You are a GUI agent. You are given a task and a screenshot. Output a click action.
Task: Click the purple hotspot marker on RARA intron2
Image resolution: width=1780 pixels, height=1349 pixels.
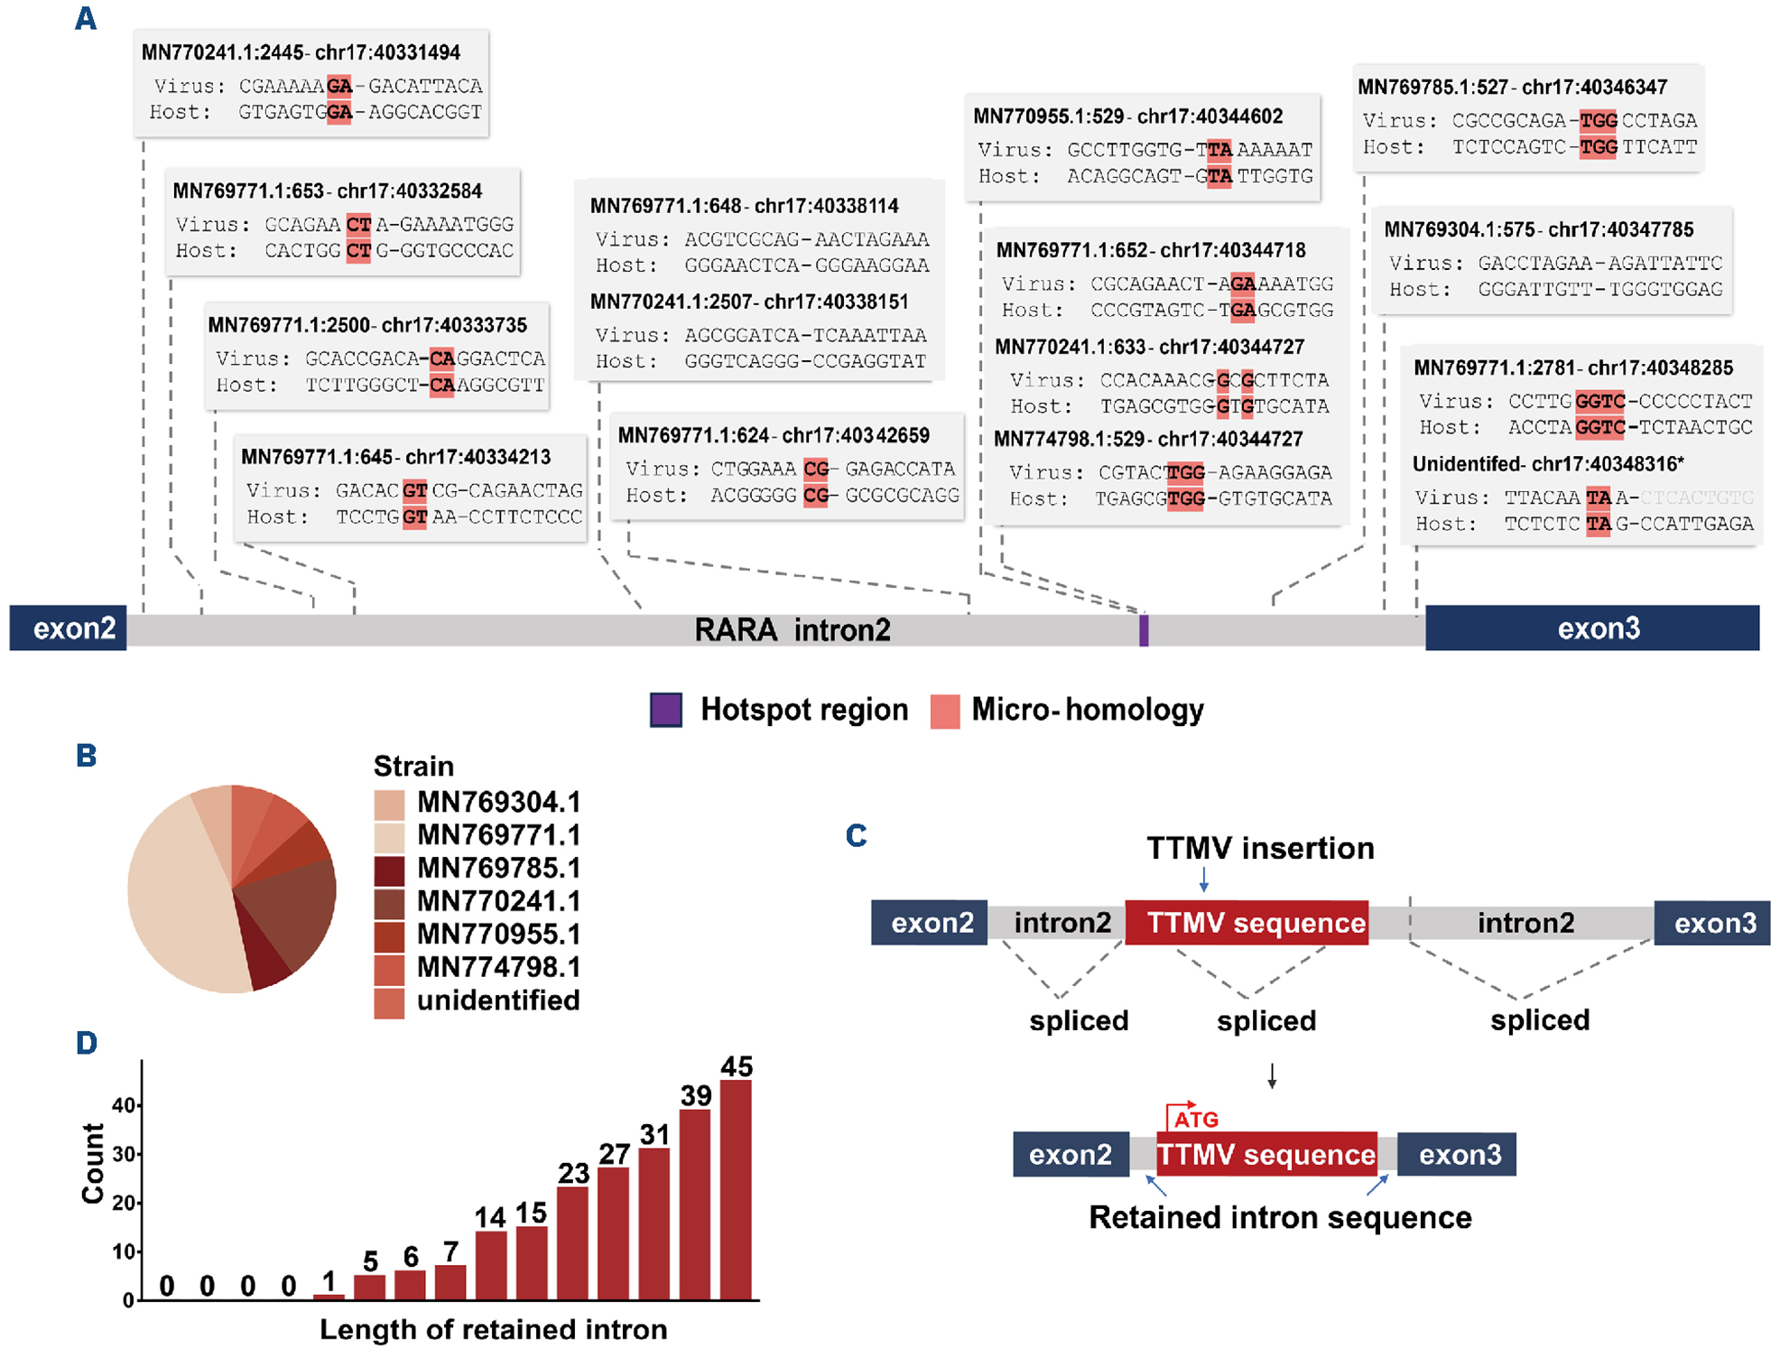click(x=1144, y=629)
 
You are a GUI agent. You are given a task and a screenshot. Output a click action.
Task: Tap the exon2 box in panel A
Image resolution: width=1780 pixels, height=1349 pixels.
click(x=69, y=628)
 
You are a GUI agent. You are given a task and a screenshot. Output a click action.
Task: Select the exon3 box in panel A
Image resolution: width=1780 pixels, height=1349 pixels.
click(x=1592, y=628)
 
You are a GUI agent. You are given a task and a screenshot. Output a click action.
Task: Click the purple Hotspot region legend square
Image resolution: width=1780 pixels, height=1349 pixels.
click(x=666, y=710)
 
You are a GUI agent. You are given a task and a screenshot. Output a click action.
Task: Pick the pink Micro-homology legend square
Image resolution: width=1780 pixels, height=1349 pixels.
click(x=944, y=711)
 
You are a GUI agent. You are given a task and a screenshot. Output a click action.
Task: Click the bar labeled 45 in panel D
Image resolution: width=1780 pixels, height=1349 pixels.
click(x=736, y=1189)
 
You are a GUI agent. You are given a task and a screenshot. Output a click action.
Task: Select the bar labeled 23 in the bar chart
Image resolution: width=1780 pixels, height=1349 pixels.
click(x=573, y=1242)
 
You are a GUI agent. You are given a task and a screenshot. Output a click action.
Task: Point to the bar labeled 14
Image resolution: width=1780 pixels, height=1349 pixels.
click(x=491, y=1264)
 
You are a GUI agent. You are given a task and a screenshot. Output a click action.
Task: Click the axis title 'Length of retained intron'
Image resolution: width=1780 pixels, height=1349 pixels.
click(x=493, y=1329)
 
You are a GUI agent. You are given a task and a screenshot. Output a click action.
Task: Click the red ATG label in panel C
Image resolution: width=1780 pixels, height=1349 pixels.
click(x=1196, y=1120)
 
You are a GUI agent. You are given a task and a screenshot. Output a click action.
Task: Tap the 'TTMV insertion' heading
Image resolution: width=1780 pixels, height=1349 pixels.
click(x=1260, y=848)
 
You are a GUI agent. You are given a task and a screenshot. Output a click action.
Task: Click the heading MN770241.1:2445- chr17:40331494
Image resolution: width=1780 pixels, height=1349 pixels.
click(x=301, y=52)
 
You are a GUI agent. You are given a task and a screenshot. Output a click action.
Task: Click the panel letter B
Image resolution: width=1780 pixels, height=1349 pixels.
click(x=86, y=755)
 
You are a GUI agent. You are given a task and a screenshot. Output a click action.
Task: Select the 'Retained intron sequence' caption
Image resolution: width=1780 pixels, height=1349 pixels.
click(x=1280, y=1217)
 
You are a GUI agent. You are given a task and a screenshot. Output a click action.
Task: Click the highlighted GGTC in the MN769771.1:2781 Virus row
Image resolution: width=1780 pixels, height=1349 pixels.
click(x=1599, y=401)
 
